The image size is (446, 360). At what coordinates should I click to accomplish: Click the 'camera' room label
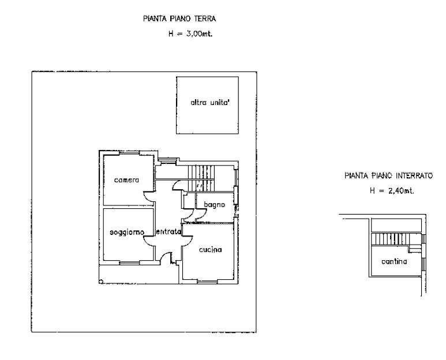pyautogui.click(x=126, y=181)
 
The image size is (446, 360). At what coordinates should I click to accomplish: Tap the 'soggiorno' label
pyautogui.click(x=127, y=232)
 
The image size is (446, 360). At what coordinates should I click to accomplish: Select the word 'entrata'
pyautogui.click(x=168, y=232)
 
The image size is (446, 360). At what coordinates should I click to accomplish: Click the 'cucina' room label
pyautogui.click(x=210, y=250)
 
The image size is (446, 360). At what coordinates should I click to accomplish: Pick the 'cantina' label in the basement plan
pyautogui.click(x=395, y=261)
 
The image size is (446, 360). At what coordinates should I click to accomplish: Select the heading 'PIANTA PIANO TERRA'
pyautogui.click(x=179, y=20)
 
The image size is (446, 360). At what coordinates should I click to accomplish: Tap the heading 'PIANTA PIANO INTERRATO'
pyautogui.click(x=388, y=177)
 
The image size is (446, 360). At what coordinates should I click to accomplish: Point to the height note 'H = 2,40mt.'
pyautogui.click(x=392, y=190)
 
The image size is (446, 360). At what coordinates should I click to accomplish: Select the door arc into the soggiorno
pyautogui.click(x=148, y=238)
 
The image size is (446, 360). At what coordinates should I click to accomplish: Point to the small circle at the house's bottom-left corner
pyautogui.click(x=102, y=282)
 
